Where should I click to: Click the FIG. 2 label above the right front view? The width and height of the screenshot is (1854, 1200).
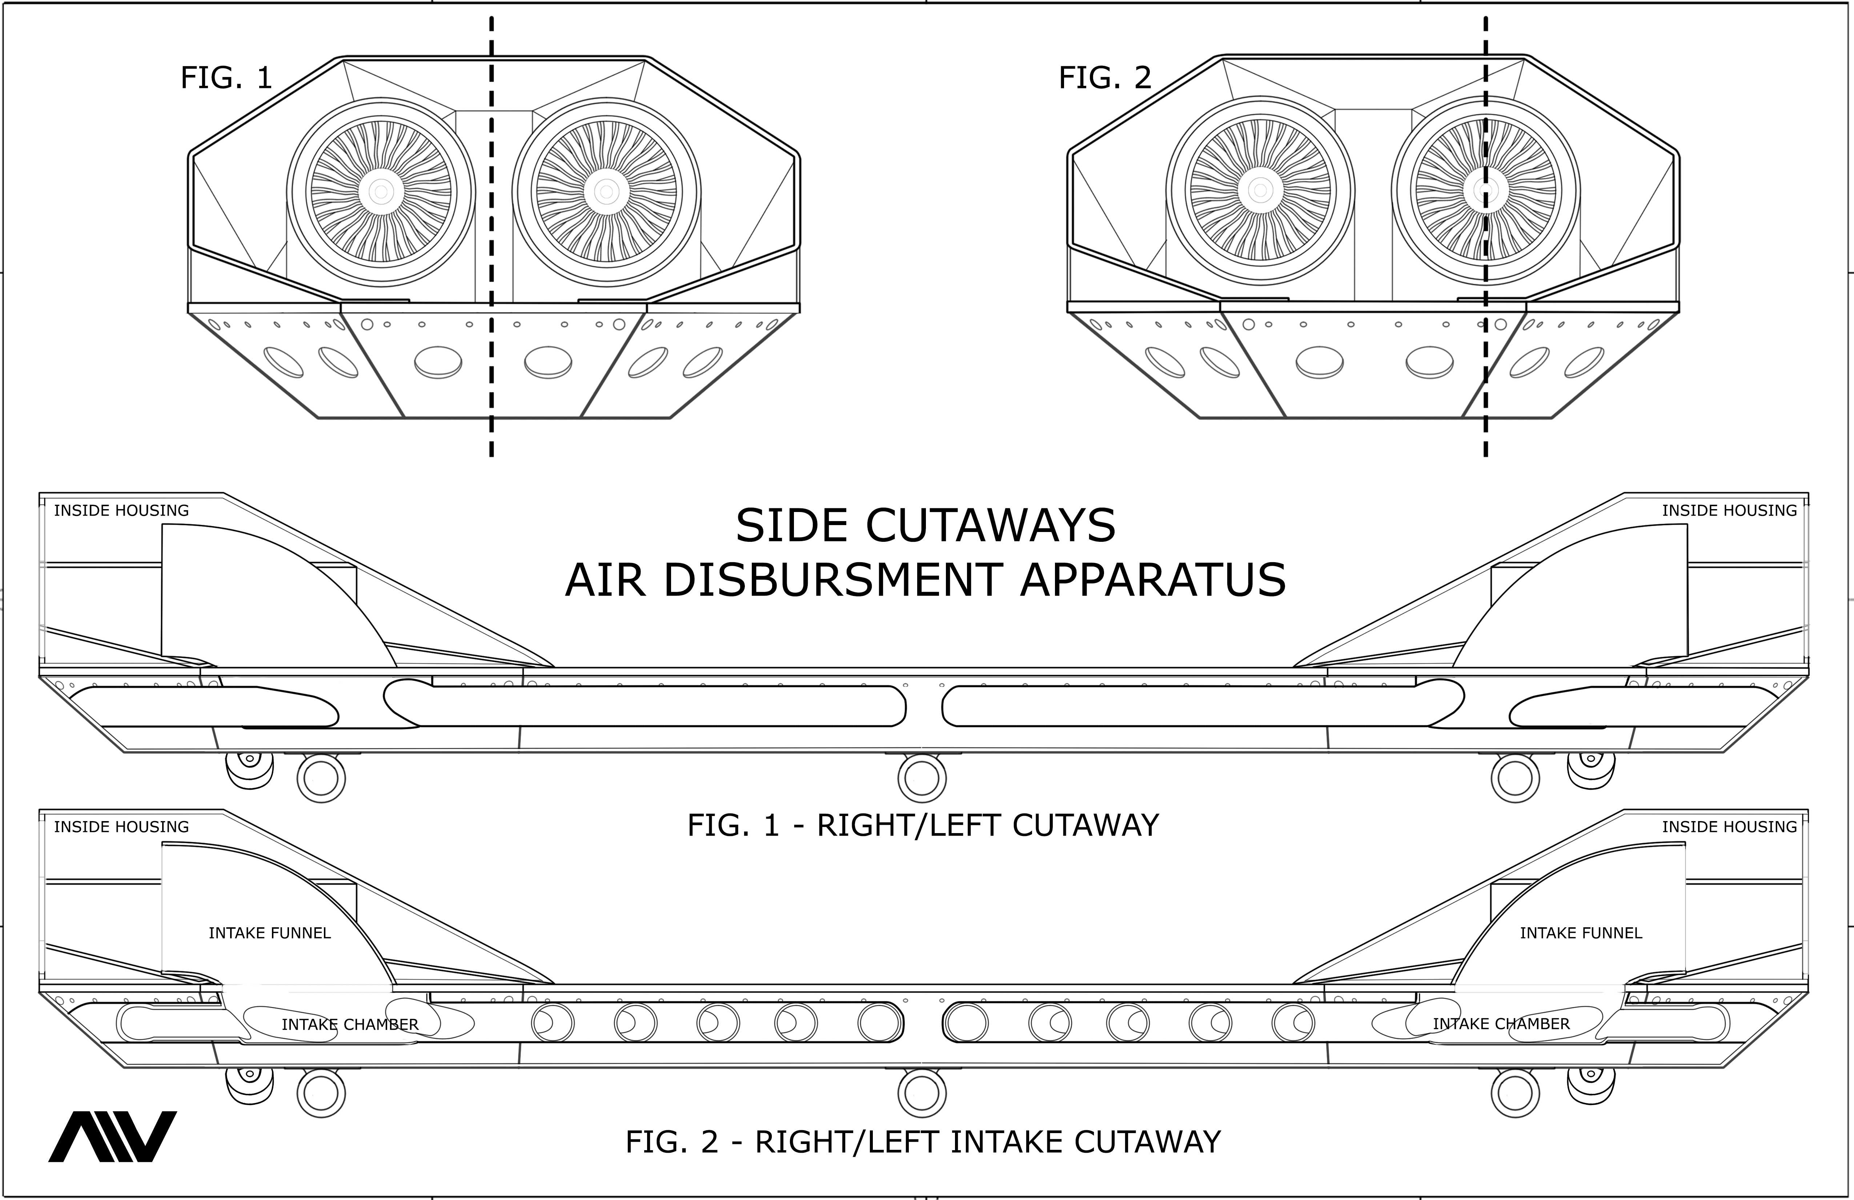point(1105,78)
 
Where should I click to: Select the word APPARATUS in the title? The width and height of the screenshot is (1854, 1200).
point(1153,580)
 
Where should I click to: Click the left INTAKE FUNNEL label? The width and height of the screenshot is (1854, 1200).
point(269,933)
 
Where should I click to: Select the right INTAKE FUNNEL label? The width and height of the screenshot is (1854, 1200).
point(1581,933)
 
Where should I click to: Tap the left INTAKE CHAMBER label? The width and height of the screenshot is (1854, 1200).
point(350,1024)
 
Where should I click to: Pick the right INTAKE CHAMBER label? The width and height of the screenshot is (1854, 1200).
point(1501,1024)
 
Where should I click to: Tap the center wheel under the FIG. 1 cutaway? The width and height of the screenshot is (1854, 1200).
point(922,778)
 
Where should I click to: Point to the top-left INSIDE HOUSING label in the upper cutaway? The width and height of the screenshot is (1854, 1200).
point(121,511)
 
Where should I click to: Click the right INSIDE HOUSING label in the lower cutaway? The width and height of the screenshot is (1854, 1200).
point(1729,827)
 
